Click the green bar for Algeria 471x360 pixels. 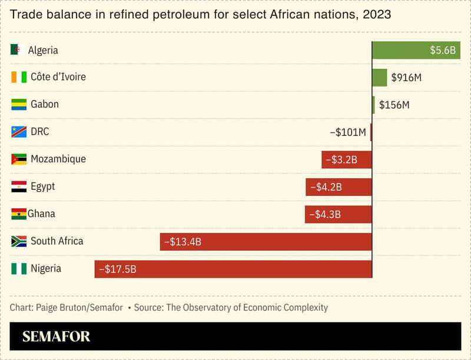tap(416, 50)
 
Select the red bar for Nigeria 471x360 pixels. tap(233, 269)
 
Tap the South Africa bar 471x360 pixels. tap(266, 241)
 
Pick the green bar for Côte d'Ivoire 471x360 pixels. tap(379, 78)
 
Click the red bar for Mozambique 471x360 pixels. tap(347, 159)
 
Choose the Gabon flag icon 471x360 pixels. tap(19, 105)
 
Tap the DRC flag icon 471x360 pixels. tap(19, 132)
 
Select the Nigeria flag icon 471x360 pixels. tap(19, 269)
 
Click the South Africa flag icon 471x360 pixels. tap(19, 241)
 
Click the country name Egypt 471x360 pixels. tap(42, 186)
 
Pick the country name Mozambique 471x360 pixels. tap(58, 159)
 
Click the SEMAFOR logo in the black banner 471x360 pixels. tap(56, 337)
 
